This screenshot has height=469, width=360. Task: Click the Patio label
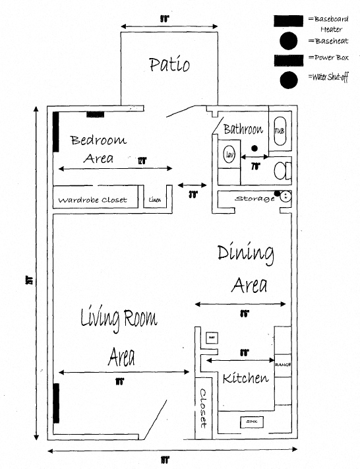pos(169,65)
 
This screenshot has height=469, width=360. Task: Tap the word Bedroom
pos(98,141)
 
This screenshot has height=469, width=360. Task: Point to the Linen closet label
pos(155,200)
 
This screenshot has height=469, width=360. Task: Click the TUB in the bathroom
pos(279,131)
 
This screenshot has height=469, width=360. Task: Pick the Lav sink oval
pos(229,155)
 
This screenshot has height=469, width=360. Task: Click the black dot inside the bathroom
pos(254,150)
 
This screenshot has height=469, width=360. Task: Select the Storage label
pos(255,199)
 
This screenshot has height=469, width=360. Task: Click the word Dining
pos(245,253)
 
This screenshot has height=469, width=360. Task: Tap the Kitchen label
pos(245,379)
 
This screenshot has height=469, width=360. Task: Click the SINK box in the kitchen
pos(251,421)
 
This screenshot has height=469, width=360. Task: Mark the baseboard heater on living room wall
pos(57,402)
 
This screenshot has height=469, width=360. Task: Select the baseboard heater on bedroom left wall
pos(57,131)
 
